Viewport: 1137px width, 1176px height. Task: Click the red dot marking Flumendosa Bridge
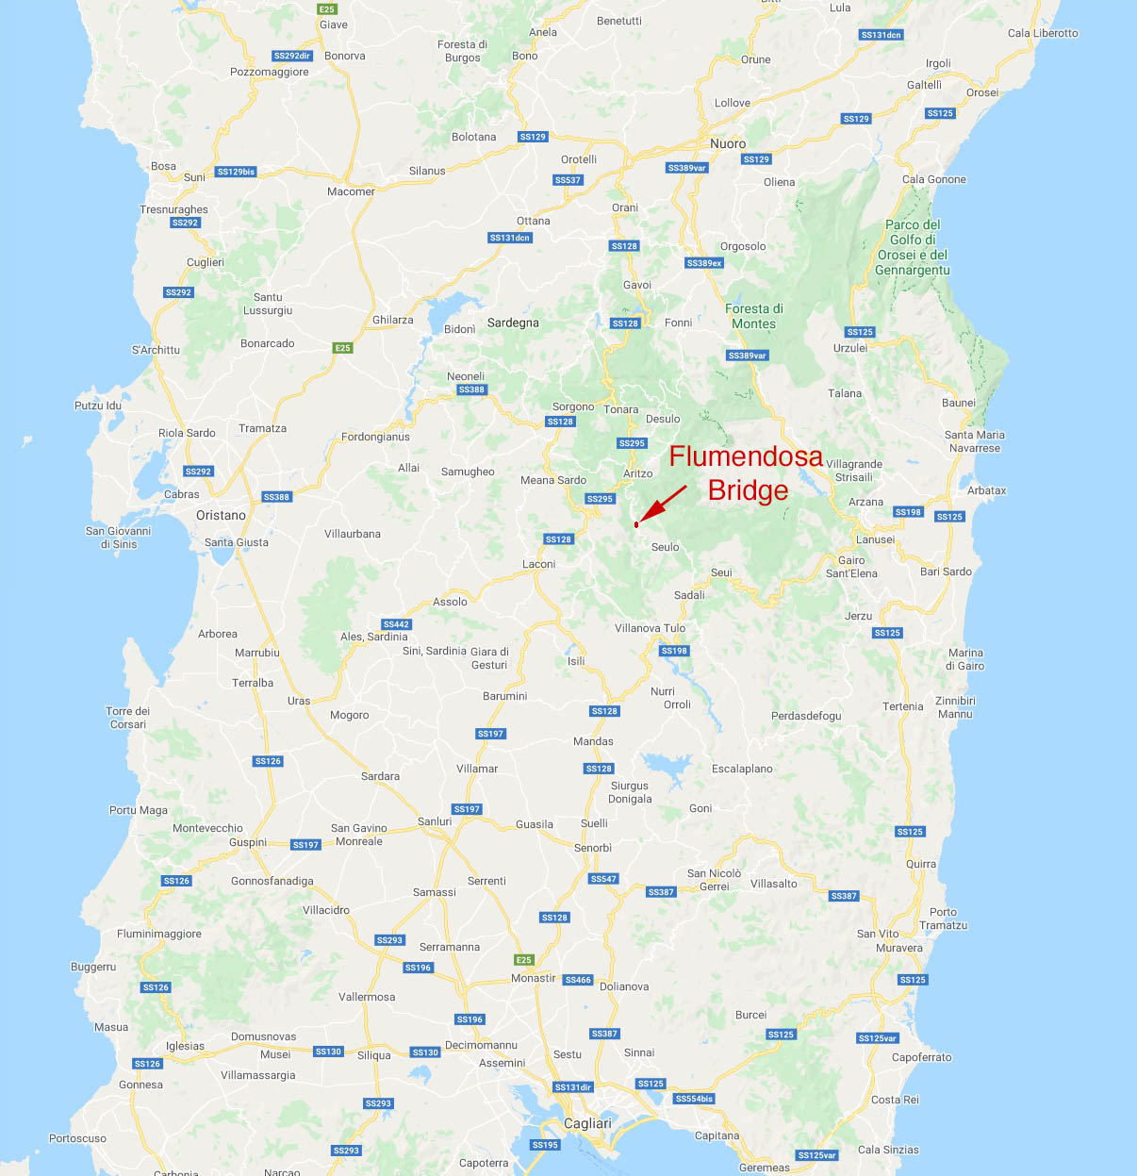click(x=636, y=524)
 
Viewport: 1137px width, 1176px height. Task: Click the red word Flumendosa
click(x=746, y=456)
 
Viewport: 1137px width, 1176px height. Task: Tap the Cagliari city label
click(x=587, y=1123)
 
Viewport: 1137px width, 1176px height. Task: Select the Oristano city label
click(x=221, y=515)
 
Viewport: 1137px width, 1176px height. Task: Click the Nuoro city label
click(x=728, y=143)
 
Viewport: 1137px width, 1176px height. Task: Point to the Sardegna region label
click(x=513, y=323)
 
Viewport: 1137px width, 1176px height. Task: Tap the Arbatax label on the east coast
click(x=986, y=490)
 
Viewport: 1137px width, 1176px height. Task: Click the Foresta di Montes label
click(x=753, y=316)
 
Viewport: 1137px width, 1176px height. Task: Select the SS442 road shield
click(x=396, y=624)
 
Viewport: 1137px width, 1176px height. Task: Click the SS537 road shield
click(x=568, y=180)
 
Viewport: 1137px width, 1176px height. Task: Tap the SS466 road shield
click(x=578, y=980)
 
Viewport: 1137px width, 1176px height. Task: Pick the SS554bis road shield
click(x=694, y=1099)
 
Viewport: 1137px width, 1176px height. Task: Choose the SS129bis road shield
click(x=236, y=172)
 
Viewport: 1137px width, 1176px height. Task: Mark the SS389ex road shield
click(x=704, y=263)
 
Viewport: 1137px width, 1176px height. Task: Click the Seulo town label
click(x=665, y=547)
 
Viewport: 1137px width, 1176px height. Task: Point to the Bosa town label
click(x=163, y=166)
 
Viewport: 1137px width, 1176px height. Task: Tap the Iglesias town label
click(x=185, y=1046)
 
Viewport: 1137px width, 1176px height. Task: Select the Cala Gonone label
click(x=933, y=179)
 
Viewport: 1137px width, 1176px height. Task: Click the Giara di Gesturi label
click(x=489, y=658)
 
